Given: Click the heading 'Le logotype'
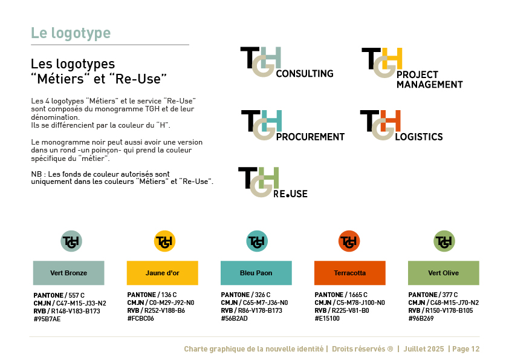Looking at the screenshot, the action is pyautogui.click(x=71, y=33).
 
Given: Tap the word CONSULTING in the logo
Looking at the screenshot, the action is pyautogui.click(x=305, y=74).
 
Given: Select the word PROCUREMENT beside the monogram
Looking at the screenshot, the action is pyautogui.click(x=310, y=137).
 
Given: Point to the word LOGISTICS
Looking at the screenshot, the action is pyautogui.click(x=419, y=137).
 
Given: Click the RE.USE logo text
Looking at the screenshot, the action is pyautogui.click(x=290, y=194).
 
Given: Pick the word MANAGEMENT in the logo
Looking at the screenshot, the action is pyautogui.click(x=429, y=85).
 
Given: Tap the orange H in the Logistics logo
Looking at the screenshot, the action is pyautogui.click(x=390, y=120).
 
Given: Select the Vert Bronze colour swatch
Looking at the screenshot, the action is pyautogui.click(x=69, y=273).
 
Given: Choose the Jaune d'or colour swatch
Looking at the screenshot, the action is pyautogui.click(x=162, y=273).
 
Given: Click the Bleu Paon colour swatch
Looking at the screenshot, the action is pyautogui.click(x=256, y=273).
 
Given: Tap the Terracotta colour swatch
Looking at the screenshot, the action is pyautogui.click(x=350, y=273).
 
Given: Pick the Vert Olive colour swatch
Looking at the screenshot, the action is pyautogui.click(x=444, y=273).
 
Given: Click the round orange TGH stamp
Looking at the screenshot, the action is pyautogui.click(x=349, y=241).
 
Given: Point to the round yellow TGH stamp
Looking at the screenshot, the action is pyautogui.click(x=164, y=241).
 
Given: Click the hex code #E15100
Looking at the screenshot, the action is pyautogui.click(x=327, y=318).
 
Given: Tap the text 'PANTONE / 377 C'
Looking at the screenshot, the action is pyautogui.click(x=433, y=295).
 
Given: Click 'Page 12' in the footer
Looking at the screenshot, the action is pyautogui.click(x=466, y=349).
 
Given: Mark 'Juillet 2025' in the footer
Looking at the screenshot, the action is pyautogui.click(x=424, y=349).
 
